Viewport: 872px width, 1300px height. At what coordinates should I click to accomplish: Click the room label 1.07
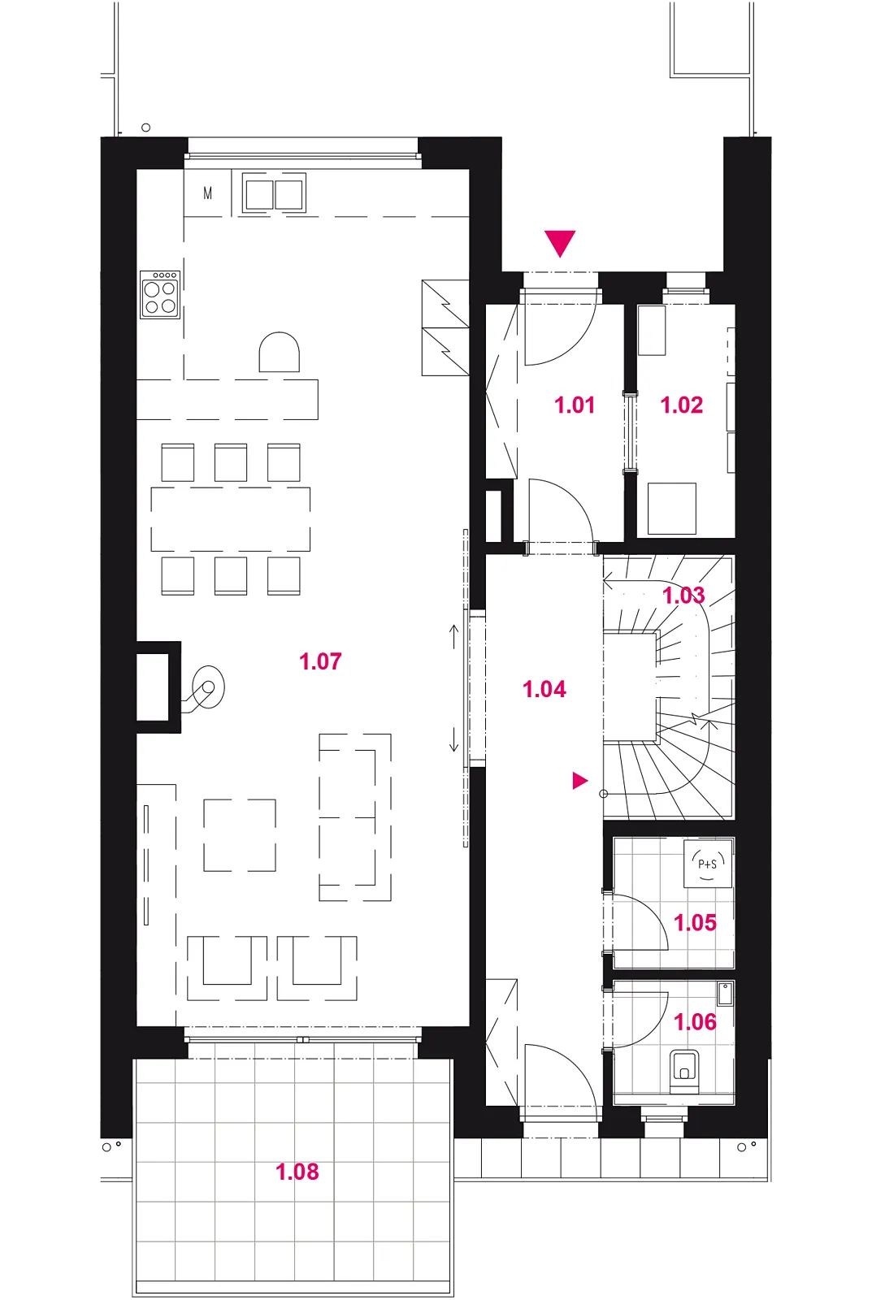coord(320,661)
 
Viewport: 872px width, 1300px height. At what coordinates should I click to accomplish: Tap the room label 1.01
coord(575,405)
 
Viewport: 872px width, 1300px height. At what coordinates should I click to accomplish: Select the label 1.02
coord(682,405)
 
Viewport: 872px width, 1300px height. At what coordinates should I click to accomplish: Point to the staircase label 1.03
coord(683,596)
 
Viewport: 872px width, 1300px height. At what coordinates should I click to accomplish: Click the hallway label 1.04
coord(544,689)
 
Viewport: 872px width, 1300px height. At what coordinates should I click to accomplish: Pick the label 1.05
coord(695,923)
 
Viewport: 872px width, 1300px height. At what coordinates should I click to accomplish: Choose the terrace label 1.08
coord(297,1172)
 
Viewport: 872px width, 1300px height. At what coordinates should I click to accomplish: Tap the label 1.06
coord(695,1022)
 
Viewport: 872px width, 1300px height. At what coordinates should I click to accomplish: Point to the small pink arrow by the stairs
coord(580,781)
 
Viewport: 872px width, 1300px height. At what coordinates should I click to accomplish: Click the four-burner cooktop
coord(160,294)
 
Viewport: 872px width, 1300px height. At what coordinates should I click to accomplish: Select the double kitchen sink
coord(274,194)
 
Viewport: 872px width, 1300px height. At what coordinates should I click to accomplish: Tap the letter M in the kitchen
coord(208,193)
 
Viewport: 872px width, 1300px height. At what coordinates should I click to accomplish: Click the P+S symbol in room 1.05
coord(707,864)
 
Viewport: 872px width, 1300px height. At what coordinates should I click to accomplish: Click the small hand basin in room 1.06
coord(725,994)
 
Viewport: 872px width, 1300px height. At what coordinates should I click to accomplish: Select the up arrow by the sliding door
coord(454,637)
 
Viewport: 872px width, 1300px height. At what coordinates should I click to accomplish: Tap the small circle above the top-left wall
coord(145,128)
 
